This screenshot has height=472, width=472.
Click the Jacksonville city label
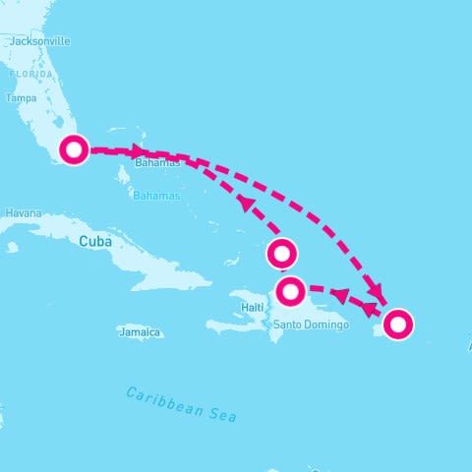pos(39,42)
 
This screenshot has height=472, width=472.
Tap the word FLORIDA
pos(31,75)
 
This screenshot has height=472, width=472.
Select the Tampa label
pos(21,98)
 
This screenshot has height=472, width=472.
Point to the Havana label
pos(24,212)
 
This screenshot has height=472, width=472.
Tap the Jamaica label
pos(139,332)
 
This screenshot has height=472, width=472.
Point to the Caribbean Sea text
pos(182,404)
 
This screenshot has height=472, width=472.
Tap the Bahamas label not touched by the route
pos(157,196)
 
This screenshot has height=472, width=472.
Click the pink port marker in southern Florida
pos(74,150)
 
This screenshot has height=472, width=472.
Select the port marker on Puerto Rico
pos(397,324)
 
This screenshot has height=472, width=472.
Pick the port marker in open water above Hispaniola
pos(282,254)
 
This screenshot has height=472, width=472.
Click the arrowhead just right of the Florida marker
pos(136,151)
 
